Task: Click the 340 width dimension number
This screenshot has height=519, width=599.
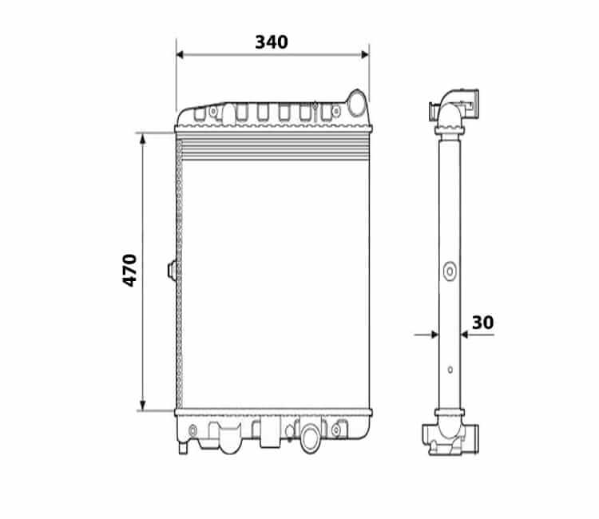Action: coord(272,42)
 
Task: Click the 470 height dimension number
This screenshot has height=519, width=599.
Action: coord(129,271)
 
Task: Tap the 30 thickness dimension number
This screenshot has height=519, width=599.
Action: coord(482,323)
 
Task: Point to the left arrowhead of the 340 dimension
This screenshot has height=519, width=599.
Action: coord(180,54)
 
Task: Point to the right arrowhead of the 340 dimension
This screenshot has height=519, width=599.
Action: coord(365,54)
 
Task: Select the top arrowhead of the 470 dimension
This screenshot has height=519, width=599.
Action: coord(143,139)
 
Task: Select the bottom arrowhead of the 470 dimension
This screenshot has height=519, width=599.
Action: coord(143,406)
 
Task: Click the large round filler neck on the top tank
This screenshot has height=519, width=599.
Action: coord(357,103)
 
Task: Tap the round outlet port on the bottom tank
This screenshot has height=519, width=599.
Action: coord(310,438)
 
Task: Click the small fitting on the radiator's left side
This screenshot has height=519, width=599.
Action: coord(172,271)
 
